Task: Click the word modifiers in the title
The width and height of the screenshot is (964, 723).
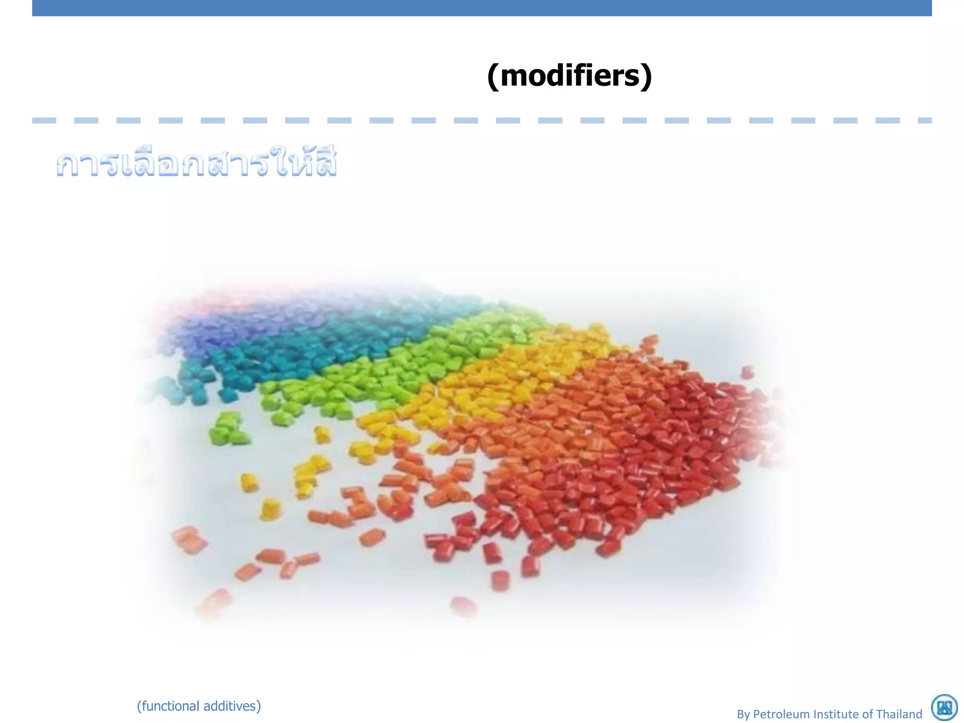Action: click(x=570, y=76)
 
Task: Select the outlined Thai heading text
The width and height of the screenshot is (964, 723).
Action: click(x=196, y=164)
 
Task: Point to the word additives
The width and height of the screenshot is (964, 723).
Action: click(x=232, y=706)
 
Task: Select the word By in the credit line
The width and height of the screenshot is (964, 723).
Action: click(x=743, y=714)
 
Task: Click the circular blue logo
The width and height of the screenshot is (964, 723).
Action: click(x=944, y=707)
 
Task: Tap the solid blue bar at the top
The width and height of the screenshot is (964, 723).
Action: click(x=482, y=8)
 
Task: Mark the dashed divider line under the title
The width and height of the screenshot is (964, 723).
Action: click(x=482, y=120)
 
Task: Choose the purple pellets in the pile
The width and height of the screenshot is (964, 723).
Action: click(x=212, y=320)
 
